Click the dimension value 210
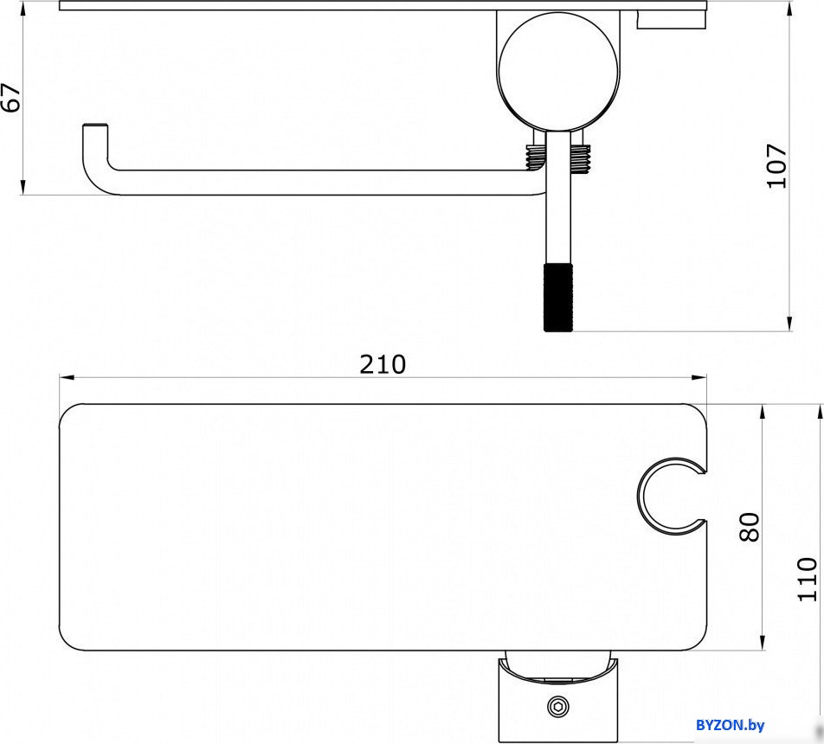pos(383,364)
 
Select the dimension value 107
pos(777,165)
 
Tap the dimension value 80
pos(750,527)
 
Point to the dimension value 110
pos(808,579)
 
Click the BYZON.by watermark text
pos(730,726)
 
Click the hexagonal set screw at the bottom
pos(557,707)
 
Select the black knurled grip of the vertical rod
pos(558,298)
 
